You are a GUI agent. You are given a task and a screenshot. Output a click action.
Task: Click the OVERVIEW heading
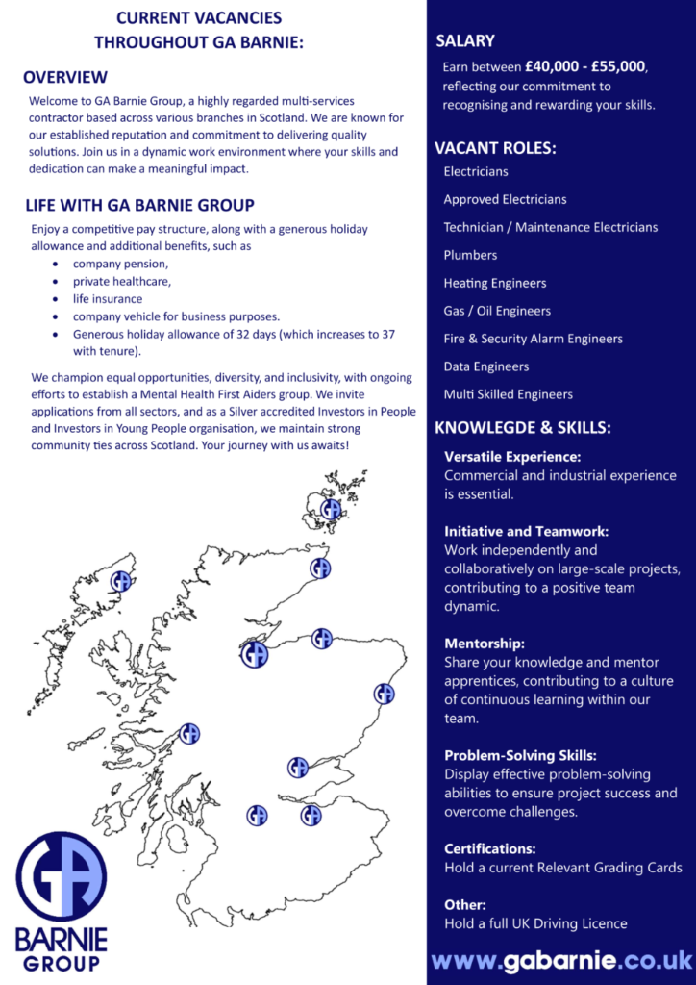[65, 77]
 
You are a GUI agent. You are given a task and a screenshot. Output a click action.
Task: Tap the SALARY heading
[465, 40]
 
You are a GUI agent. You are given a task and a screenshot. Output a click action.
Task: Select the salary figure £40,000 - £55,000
[585, 67]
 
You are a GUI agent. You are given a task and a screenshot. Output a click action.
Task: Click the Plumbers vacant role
[470, 255]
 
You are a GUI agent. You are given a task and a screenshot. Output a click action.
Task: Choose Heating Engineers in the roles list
[494, 283]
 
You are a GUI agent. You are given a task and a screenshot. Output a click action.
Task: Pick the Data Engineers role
[485, 366]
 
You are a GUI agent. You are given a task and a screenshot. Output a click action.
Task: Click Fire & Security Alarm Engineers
[533, 339]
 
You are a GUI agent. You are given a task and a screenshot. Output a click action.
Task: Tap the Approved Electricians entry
[505, 199]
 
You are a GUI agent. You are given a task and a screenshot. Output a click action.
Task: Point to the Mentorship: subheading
[484, 644]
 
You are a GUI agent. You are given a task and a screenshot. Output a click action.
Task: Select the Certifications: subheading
[489, 849]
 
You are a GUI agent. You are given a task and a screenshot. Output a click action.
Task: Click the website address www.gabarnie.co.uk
[561, 960]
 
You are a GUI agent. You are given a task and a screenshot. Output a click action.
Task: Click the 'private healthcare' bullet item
[122, 281]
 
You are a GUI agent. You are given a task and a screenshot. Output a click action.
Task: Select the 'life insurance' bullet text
[108, 298]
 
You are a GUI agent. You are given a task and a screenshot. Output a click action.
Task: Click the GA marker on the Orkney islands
[331, 510]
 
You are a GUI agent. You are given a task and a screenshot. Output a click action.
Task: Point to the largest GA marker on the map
[254, 654]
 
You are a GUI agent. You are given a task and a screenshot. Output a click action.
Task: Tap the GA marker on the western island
[121, 581]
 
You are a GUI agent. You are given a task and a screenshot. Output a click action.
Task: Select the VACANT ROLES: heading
[495, 148]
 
